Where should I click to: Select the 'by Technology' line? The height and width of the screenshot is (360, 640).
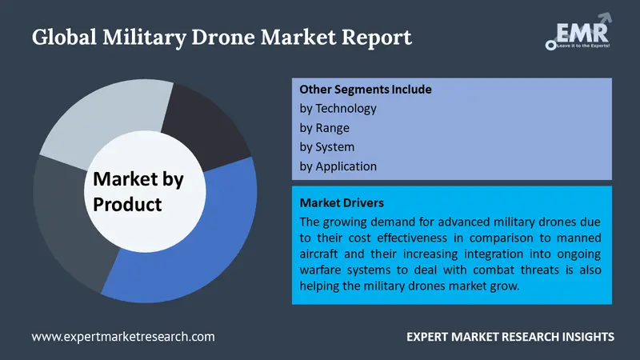tap(338, 108)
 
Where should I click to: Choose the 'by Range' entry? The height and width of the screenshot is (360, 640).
tap(324, 127)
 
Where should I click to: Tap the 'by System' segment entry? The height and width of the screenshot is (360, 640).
tap(327, 147)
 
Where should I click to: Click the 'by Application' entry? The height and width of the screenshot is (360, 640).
tap(338, 166)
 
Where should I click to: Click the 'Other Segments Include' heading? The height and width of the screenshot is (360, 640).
tap(366, 89)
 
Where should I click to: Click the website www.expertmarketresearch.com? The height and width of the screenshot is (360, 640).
tap(123, 337)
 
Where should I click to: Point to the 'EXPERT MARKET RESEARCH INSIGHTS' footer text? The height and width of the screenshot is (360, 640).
tap(509, 337)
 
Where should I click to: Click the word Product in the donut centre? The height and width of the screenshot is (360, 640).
tap(127, 204)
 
